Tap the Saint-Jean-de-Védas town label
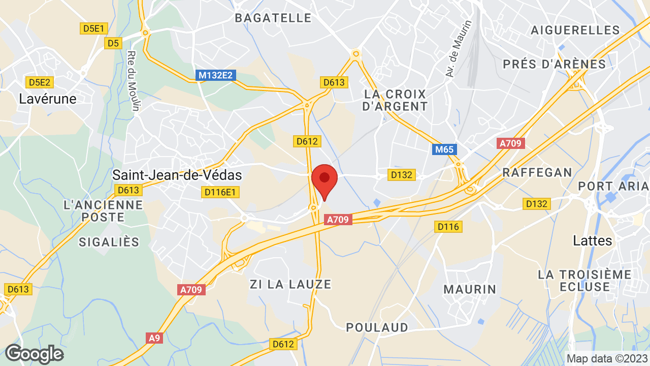[x=177, y=175]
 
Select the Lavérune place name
[x=48, y=99]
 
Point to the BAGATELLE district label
[x=273, y=18]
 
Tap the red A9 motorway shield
[x=153, y=338]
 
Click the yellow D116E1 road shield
[x=221, y=192]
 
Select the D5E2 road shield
[x=41, y=82]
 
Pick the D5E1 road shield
[x=92, y=28]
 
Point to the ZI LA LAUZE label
[x=290, y=284]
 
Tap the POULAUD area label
[x=377, y=327]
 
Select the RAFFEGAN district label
[x=537, y=172]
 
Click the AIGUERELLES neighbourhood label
[x=575, y=30]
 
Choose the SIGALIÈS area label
[x=109, y=242]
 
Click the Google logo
[x=34, y=354]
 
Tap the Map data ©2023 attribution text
[x=607, y=358]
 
